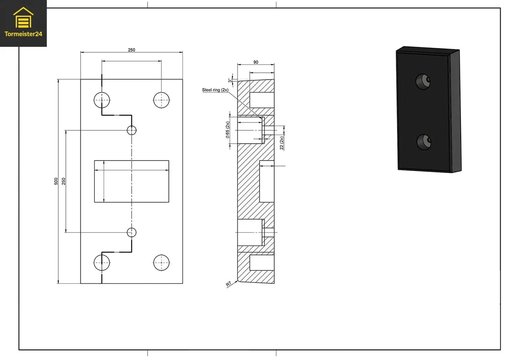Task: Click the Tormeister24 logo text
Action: [x=23, y=34]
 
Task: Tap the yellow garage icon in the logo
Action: [x=23, y=18]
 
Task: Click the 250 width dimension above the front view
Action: [x=131, y=50]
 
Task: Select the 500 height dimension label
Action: [x=56, y=181]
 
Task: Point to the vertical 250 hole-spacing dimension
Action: [x=64, y=181]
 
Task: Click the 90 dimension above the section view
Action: [x=256, y=62]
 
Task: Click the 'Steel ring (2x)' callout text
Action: [x=215, y=90]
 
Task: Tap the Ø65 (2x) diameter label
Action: [x=227, y=130]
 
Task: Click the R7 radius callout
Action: [x=229, y=284]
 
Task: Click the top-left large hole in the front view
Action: [x=101, y=100]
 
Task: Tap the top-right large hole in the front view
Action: [x=161, y=100]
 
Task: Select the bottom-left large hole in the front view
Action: [x=101, y=263]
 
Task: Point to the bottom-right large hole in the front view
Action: [x=161, y=263]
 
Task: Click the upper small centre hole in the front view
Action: [x=132, y=130]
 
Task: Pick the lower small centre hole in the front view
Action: [x=132, y=232]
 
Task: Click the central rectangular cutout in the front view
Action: [x=132, y=181]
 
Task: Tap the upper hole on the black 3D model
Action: [x=423, y=81]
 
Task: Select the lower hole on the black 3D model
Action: [x=424, y=142]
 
